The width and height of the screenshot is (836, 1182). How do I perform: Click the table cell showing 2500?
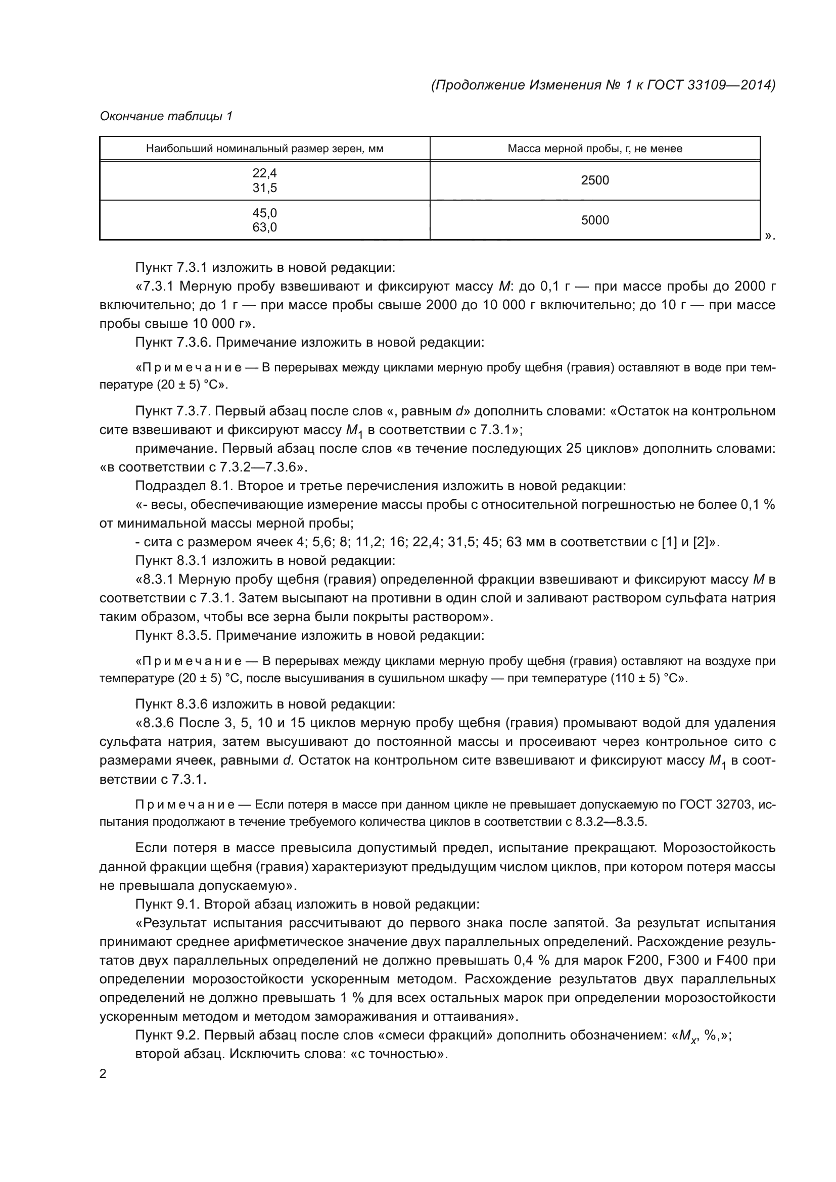[x=594, y=180]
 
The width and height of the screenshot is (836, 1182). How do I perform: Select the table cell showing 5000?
[x=594, y=220]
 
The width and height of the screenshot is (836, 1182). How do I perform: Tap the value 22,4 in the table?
[x=264, y=173]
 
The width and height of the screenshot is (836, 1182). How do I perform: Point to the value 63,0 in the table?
[x=264, y=227]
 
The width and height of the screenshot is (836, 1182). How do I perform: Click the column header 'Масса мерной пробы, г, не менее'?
[x=594, y=149]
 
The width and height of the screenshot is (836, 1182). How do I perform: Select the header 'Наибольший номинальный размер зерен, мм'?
[x=264, y=149]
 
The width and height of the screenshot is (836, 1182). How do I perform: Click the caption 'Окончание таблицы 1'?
[x=166, y=116]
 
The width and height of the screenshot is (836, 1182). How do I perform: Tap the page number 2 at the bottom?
[x=103, y=1074]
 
